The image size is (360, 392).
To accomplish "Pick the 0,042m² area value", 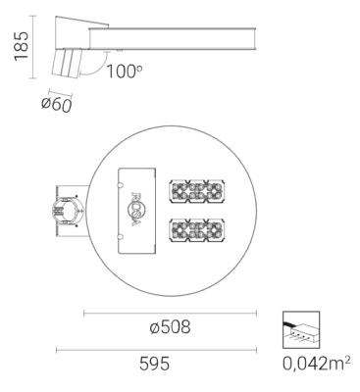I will point(316,365).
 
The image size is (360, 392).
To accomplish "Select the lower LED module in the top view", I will point(198,232).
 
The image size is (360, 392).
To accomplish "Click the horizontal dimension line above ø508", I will point(169,313).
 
